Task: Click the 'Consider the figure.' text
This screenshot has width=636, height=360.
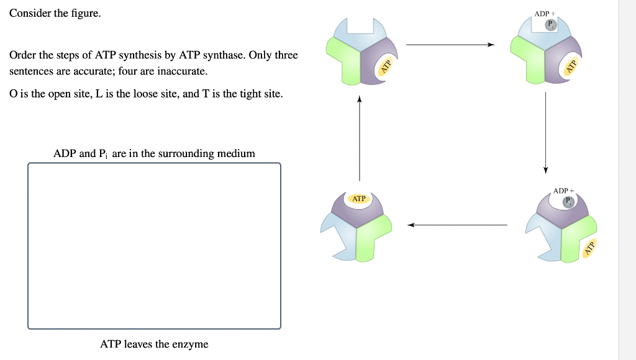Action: point(55,13)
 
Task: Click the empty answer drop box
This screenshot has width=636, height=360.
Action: point(154,246)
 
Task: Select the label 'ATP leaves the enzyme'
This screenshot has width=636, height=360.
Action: point(154,344)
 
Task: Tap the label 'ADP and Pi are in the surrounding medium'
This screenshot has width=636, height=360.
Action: point(154,153)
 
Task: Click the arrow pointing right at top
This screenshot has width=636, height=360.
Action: point(450,45)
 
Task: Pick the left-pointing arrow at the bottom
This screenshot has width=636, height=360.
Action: point(457,225)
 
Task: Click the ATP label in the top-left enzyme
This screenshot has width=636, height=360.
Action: point(386,66)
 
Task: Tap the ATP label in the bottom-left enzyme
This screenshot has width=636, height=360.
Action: point(359,199)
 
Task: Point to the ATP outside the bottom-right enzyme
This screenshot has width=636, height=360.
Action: point(589,248)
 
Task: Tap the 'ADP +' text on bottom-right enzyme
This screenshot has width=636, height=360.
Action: point(563,191)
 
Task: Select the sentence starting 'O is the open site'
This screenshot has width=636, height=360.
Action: point(146,94)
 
